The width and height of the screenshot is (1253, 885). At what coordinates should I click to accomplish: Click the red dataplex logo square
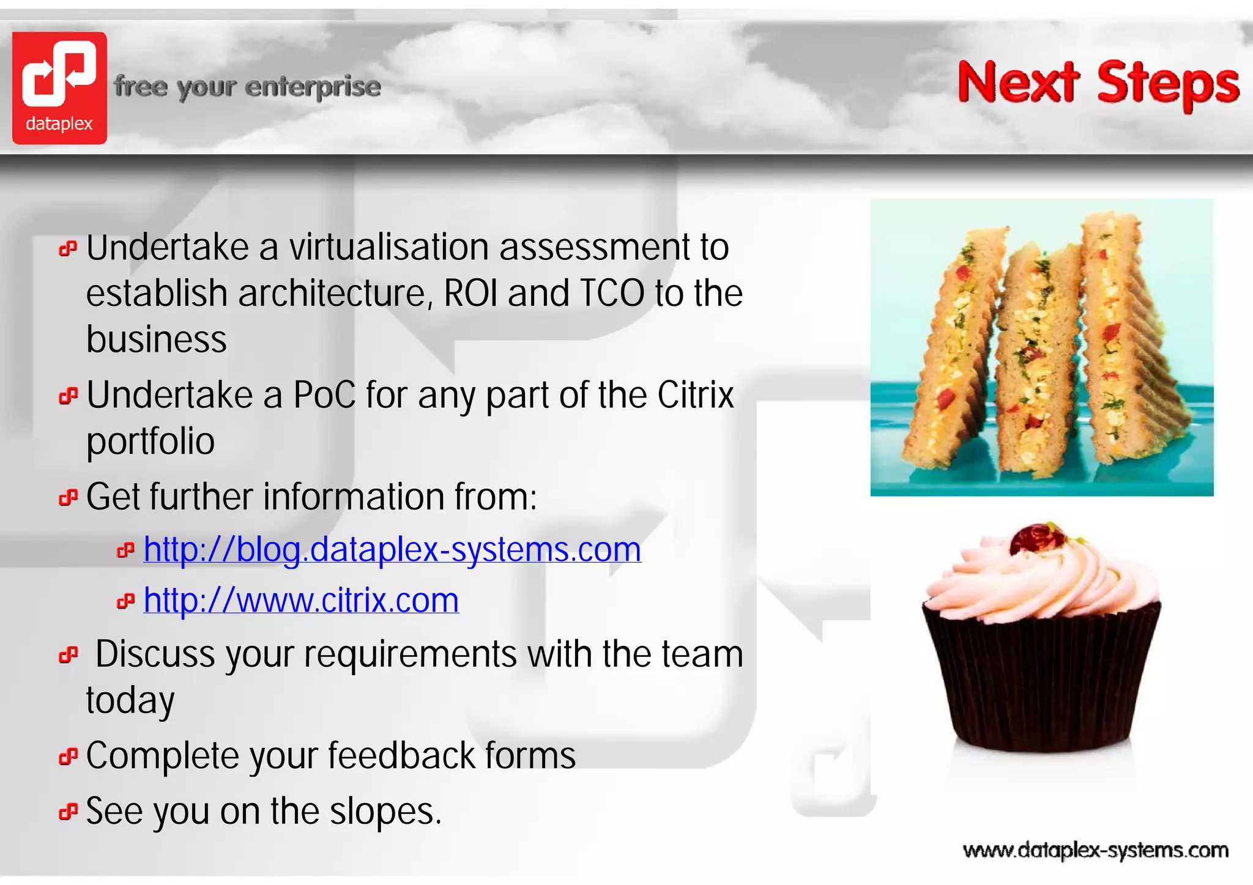pyautogui.click(x=59, y=87)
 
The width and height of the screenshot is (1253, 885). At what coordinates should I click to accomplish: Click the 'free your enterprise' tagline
pyautogui.click(x=247, y=87)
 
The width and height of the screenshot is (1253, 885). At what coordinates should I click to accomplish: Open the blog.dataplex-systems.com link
pyautogui.click(x=392, y=549)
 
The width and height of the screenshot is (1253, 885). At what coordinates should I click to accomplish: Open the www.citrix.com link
pyautogui.click(x=301, y=600)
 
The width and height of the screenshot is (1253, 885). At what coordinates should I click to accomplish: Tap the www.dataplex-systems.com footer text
pyautogui.click(x=1095, y=850)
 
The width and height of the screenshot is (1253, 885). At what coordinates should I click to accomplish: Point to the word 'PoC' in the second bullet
pyautogui.click(x=324, y=395)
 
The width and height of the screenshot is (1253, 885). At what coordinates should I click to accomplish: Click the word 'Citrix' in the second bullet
pyautogui.click(x=695, y=395)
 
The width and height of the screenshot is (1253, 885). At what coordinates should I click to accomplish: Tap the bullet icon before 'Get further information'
pyautogui.click(x=68, y=498)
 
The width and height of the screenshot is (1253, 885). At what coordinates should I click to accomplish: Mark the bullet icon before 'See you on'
pyautogui.click(x=68, y=812)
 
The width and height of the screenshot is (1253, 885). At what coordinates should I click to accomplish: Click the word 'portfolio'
pyautogui.click(x=151, y=442)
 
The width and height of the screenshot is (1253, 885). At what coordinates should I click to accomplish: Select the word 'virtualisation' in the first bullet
pyautogui.click(x=389, y=248)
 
